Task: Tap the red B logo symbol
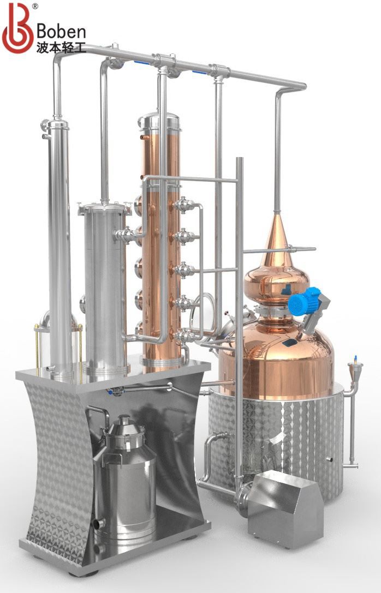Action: (17, 28)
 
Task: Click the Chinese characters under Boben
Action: (61, 47)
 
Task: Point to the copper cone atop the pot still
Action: (277, 235)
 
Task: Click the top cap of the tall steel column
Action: (57, 125)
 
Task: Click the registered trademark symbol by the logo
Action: (35, 7)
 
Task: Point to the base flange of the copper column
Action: (162, 361)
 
